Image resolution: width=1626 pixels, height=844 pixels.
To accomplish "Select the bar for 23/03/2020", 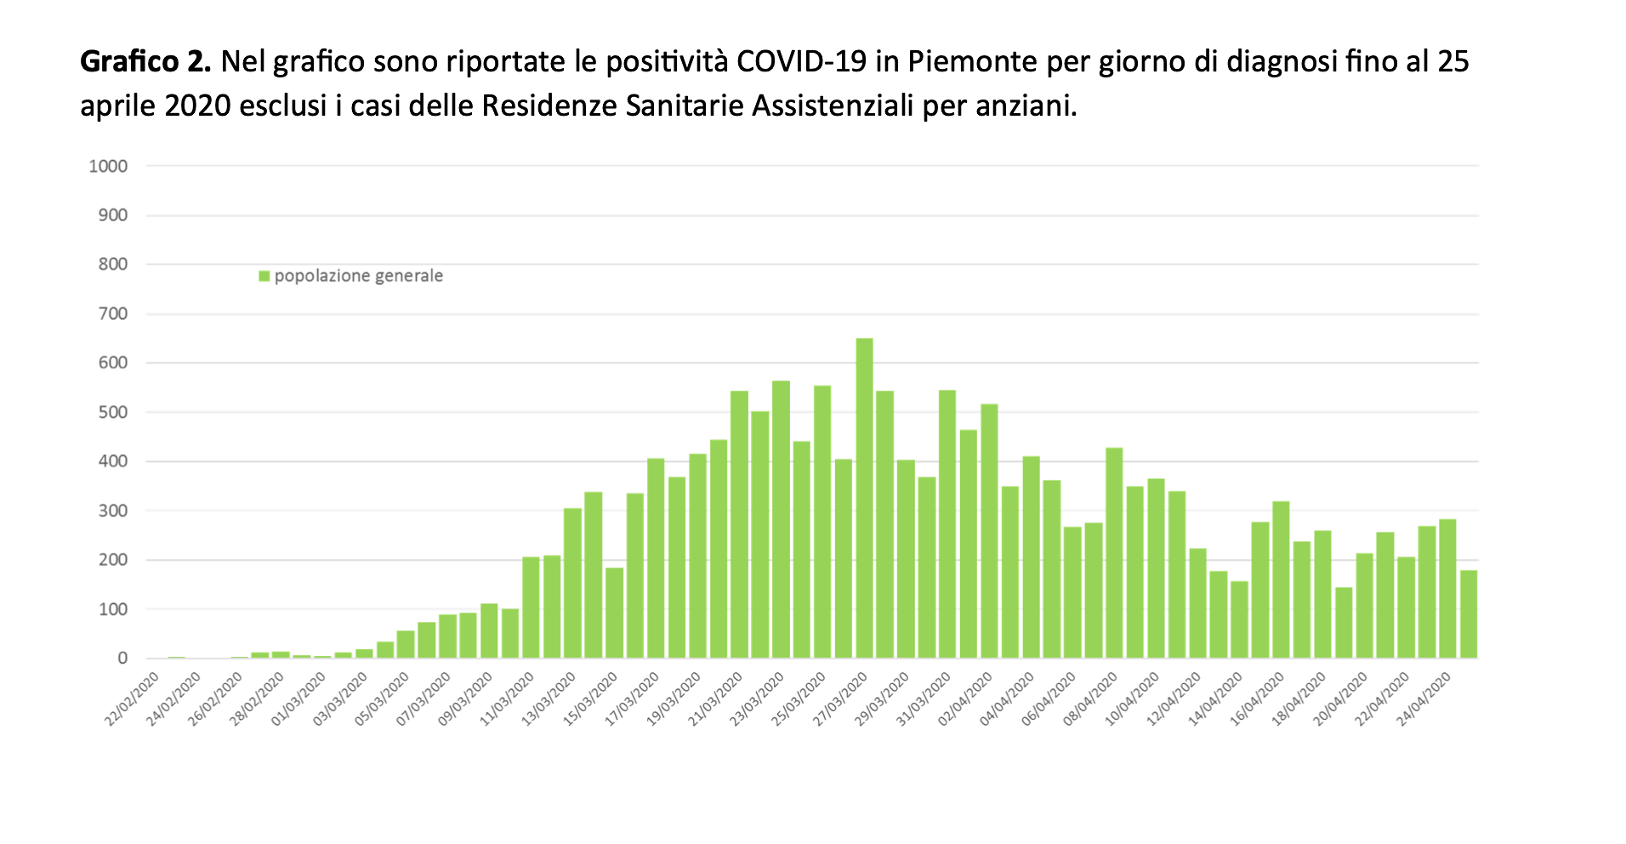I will pyautogui.click(x=781, y=519).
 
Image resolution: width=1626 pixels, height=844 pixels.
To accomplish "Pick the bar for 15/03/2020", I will pyautogui.click(x=614, y=613).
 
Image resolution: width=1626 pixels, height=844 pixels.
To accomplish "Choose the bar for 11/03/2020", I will pyautogui.click(x=531, y=607).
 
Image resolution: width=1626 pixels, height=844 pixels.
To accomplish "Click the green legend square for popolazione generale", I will pyautogui.click(x=264, y=276).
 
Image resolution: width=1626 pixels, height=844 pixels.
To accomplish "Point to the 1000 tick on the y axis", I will pyautogui.click(x=109, y=166).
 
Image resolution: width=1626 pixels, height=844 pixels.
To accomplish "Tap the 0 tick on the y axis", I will pyautogui.click(x=123, y=659).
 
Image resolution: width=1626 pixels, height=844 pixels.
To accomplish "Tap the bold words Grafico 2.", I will pyautogui.click(x=145, y=61).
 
